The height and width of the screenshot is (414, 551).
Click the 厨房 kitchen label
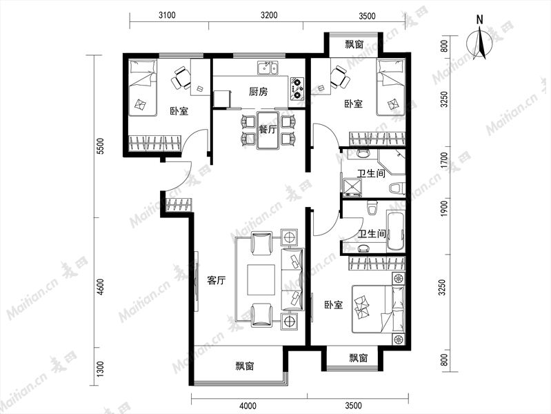point(259,92)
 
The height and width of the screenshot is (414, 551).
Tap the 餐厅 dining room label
point(268,130)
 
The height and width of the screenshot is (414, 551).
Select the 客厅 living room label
point(216,281)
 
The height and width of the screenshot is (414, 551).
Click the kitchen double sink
point(268,68)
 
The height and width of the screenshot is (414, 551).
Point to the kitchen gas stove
point(297,88)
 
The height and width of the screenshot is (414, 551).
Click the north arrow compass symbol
point(479,41)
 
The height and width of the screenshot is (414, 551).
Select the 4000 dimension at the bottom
point(248,406)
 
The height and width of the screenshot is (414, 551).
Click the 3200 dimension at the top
point(269,15)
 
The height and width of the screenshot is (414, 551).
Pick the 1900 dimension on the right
point(444,208)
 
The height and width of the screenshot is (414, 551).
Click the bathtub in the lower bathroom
point(396,231)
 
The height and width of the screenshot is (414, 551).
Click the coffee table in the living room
point(261,280)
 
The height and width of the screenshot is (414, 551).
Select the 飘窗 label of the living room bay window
point(245,366)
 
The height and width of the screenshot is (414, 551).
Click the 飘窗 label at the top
point(354,45)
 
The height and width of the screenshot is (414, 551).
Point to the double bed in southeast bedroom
point(379,309)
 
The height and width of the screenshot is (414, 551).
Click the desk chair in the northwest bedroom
point(181,78)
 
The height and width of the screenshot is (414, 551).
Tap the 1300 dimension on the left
point(101,369)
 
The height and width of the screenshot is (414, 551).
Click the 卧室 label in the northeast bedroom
point(353,104)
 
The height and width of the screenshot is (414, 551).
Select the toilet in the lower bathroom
point(371,208)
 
